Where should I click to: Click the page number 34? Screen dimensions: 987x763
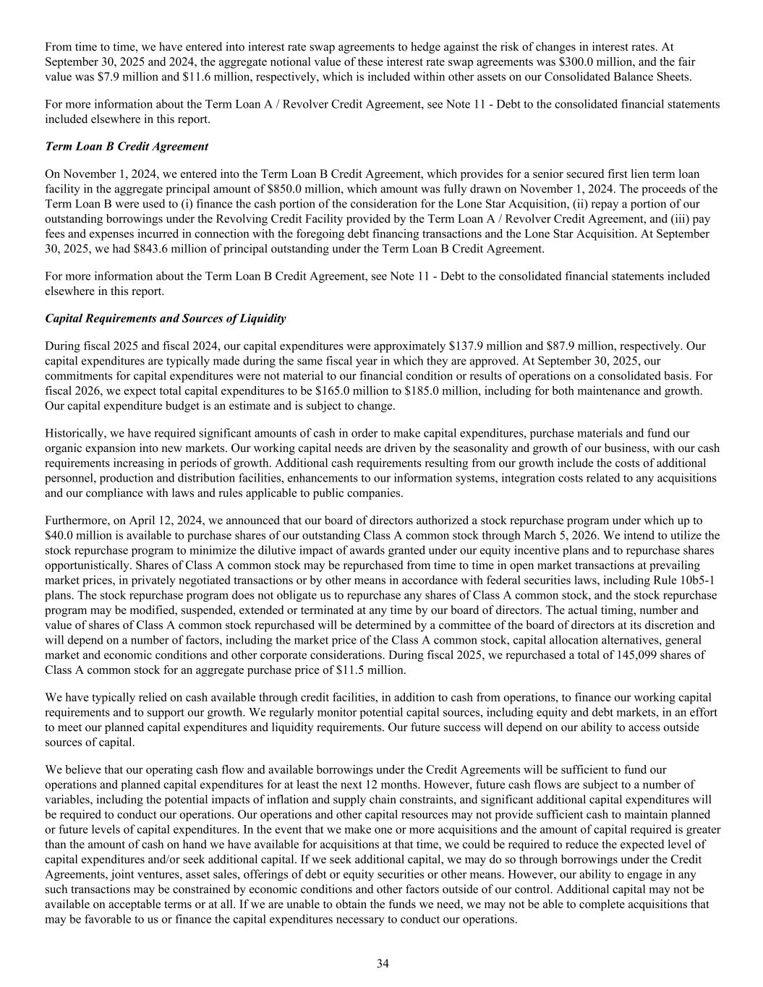click(x=383, y=963)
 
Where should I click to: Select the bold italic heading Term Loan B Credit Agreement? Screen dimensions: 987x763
click(x=127, y=146)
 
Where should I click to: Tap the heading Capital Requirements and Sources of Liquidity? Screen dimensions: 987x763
click(x=165, y=318)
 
